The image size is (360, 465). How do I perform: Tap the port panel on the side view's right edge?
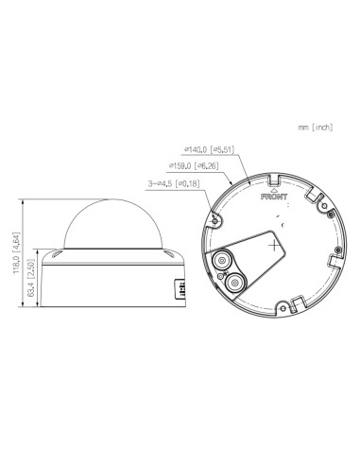pos(175,291)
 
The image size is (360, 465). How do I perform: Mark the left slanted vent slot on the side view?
pos(56,255)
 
